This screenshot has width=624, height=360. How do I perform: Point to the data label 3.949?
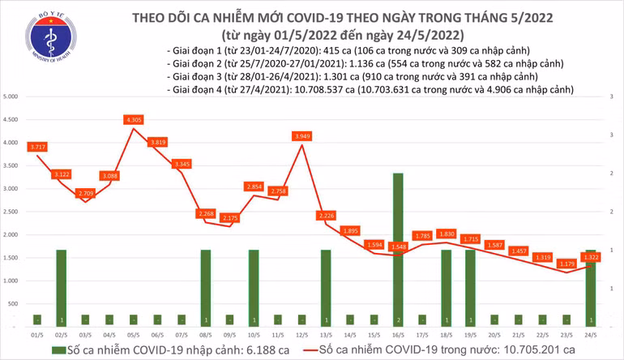(301, 136)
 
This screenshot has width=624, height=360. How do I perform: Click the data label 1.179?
(565, 264)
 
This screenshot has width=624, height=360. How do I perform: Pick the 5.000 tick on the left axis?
(11, 96)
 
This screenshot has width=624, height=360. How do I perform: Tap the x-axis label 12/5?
(301, 333)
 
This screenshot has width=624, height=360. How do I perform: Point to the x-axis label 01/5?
(36, 333)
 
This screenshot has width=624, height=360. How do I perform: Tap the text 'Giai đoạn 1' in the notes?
(194, 49)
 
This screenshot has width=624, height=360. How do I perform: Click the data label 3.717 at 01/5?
(36, 147)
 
